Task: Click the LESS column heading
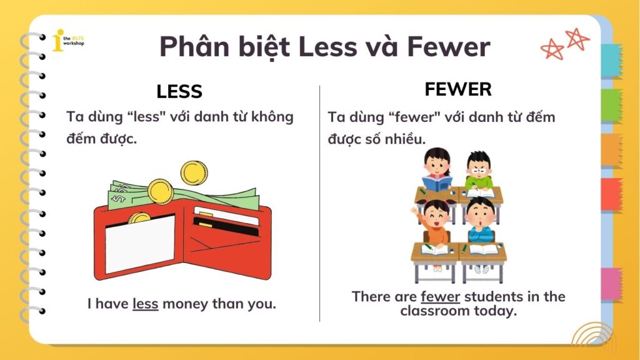[179, 92]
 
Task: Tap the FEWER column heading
[458, 89]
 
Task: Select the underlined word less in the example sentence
[145, 304]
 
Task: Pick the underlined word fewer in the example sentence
[440, 296]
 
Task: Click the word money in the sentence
[187, 304]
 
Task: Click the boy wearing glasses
[479, 169]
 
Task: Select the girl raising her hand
[435, 222]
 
